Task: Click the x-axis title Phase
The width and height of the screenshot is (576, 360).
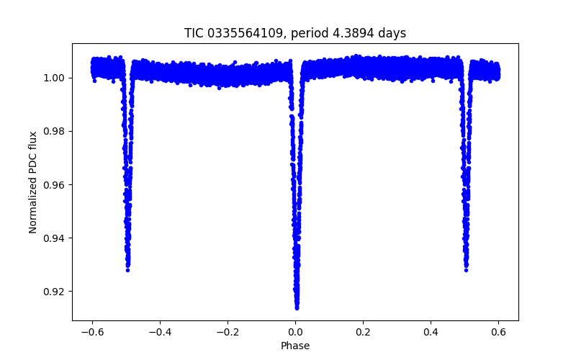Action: (295, 346)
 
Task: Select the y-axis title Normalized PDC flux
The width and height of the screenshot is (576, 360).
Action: (32, 181)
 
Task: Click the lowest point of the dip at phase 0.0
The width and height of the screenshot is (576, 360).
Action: (297, 307)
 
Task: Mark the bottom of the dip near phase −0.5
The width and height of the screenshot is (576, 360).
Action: (127, 269)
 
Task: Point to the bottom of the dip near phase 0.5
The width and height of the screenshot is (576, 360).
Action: (466, 269)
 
